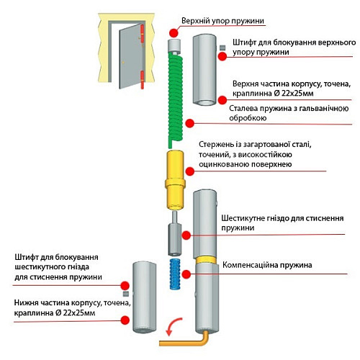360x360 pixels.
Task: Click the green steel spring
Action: tap(176, 99)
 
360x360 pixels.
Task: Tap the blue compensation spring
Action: tap(175, 274)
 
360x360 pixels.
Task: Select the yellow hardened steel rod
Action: tap(175, 179)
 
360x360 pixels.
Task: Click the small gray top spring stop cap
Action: tap(174, 46)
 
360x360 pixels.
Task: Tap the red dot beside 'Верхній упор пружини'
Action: tap(174, 32)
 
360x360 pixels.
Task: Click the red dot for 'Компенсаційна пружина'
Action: tap(186, 274)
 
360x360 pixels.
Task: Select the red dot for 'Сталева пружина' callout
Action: tap(190, 123)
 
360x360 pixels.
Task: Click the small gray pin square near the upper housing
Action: tap(223, 48)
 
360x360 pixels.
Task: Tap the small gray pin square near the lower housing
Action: tap(126, 294)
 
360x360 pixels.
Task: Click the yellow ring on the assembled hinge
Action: tap(205, 260)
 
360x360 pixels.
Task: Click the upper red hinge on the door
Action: tap(142, 33)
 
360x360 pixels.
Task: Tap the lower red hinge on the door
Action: tap(142, 80)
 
